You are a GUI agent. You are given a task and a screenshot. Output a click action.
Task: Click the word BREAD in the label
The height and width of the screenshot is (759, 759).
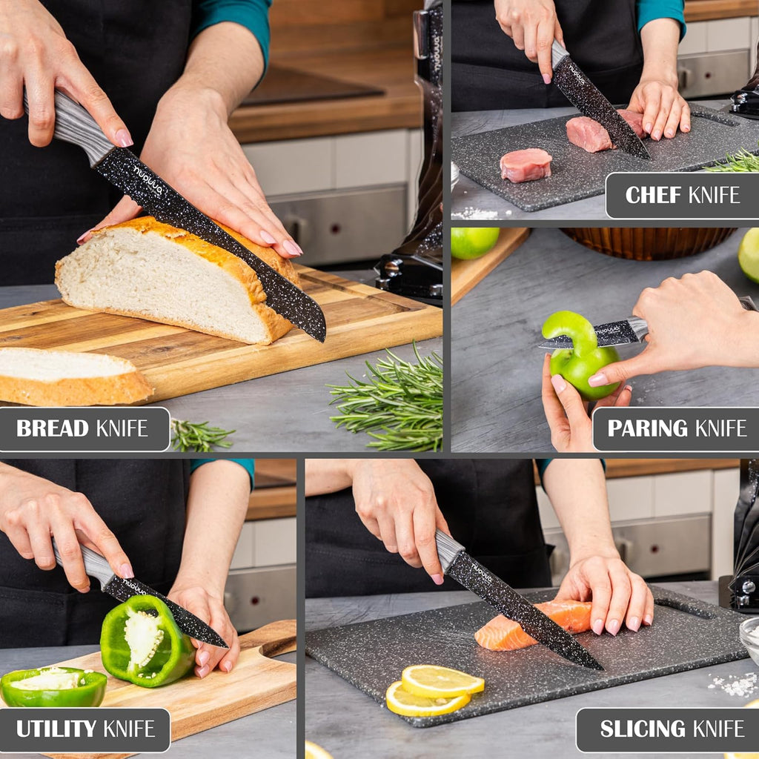tap(54, 428)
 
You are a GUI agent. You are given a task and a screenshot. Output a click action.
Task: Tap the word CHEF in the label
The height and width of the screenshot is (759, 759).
tap(654, 195)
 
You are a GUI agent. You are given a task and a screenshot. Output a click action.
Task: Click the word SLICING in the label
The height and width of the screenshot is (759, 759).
tap(631, 729)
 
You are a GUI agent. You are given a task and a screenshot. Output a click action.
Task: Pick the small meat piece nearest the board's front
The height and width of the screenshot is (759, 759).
tap(526, 165)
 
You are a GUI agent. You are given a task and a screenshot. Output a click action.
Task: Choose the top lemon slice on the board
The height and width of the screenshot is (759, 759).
tap(442, 680)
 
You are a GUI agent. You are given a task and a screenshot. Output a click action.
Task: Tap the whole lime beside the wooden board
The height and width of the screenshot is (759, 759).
tap(474, 242)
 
